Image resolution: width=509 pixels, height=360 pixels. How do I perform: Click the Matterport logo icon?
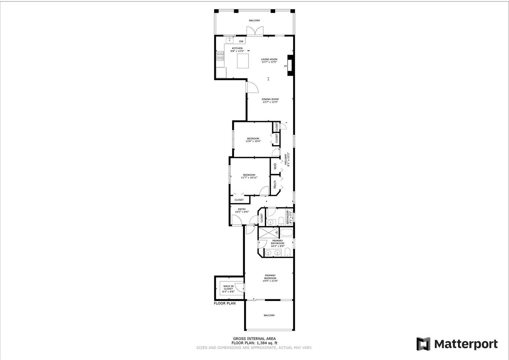424,344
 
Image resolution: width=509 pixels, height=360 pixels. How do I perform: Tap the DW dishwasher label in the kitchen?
241,41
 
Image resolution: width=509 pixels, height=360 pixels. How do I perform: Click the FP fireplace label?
286,66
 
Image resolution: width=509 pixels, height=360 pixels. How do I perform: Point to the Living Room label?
269,59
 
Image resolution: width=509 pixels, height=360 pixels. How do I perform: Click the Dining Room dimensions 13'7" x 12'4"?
270,102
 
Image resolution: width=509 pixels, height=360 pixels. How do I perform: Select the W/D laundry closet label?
275,167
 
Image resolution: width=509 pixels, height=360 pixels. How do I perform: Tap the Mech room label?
275,184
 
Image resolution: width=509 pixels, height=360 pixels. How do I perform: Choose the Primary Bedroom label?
270,277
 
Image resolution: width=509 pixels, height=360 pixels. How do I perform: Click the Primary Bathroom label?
278,242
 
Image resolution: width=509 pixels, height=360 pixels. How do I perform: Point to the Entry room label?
242,209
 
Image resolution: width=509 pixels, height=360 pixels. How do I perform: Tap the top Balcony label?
255,21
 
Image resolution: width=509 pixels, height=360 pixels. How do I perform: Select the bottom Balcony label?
269,315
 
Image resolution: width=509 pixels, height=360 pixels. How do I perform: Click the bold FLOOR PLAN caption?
225,303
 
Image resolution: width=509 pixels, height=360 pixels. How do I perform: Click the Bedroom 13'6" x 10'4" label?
253,139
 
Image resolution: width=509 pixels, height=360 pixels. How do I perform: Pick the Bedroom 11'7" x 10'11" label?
249,175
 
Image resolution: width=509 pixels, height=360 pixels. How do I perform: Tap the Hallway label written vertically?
286,159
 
